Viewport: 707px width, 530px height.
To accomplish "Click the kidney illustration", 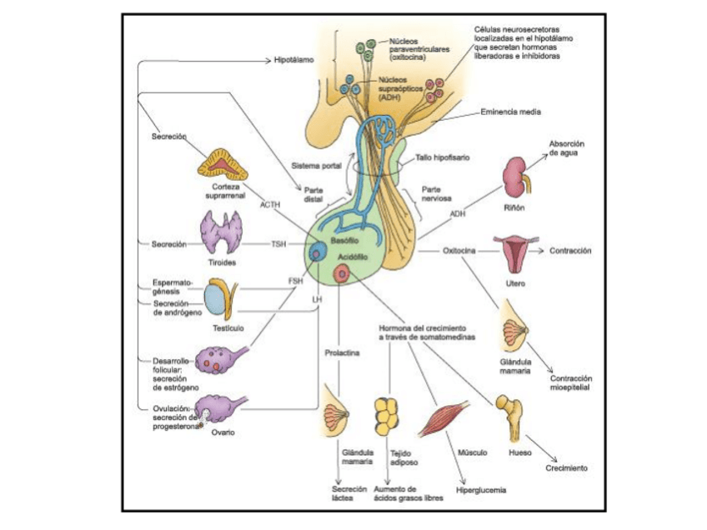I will pos(516,177).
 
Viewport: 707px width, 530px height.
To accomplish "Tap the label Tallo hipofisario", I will pos(442,157).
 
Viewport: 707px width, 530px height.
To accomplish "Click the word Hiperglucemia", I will pos(481,490).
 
